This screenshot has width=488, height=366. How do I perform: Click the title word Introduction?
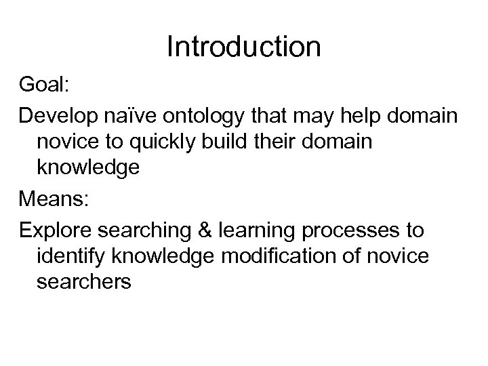tap(243, 47)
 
